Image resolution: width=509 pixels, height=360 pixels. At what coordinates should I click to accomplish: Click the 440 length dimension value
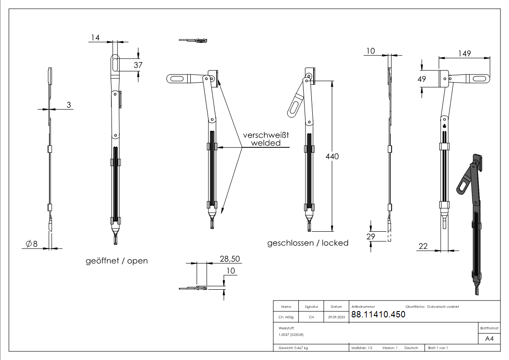[333, 156]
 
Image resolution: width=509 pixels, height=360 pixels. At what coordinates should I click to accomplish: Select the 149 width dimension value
[464, 53]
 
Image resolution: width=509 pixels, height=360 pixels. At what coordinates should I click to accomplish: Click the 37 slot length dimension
[138, 65]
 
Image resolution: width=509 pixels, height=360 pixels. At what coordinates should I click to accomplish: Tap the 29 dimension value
[371, 236]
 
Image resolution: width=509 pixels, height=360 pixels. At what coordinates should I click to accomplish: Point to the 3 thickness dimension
[69, 105]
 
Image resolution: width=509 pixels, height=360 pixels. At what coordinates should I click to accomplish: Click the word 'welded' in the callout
[266, 143]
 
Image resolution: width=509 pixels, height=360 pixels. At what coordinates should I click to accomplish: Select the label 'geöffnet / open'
[116, 261]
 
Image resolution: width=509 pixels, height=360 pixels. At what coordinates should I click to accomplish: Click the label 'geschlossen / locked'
[308, 243]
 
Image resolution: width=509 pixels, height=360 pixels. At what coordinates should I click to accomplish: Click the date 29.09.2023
[336, 317]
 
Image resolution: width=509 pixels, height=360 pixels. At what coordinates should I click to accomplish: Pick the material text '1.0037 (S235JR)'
[291, 335]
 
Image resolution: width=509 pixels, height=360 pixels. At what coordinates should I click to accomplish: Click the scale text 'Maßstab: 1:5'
[362, 348]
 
